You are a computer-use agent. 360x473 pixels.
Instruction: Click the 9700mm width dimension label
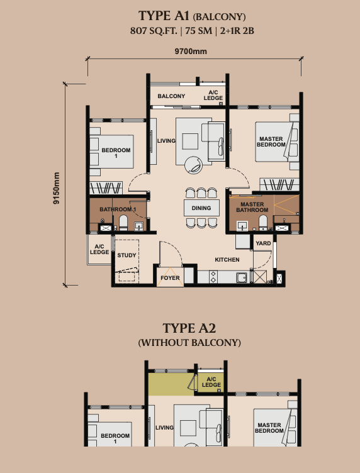click(191, 52)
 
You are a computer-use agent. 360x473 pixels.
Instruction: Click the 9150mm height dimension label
click(57, 188)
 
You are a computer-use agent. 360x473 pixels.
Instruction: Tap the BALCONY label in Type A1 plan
click(171, 96)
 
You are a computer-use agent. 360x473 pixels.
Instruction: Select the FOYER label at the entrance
click(170, 278)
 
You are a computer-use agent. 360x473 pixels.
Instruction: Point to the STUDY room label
click(127, 255)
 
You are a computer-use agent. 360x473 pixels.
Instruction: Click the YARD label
click(263, 243)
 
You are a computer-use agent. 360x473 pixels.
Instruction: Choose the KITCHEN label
click(227, 259)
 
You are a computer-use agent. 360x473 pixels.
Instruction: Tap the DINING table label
click(201, 208)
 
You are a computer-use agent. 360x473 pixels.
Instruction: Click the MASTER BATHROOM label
click(252, 207)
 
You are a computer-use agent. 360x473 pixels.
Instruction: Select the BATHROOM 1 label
click(118, 209)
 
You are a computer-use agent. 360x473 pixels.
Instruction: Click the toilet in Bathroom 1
click(123, 223)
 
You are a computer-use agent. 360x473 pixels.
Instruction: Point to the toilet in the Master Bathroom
click(263, 223)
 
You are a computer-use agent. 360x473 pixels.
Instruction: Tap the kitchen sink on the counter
click(242, 277)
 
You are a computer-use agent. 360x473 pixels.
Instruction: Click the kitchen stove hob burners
click(213, 277)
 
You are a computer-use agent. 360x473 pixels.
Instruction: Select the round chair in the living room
click(193, 165)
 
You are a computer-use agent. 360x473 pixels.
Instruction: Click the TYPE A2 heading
click(189, 328)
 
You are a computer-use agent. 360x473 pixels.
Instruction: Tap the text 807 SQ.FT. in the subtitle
click(154, 31)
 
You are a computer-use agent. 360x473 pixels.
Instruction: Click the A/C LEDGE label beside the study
click(99, 249)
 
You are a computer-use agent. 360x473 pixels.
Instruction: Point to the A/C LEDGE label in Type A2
click(211, 382)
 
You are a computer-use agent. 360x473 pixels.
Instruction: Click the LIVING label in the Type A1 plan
click(166, 140)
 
